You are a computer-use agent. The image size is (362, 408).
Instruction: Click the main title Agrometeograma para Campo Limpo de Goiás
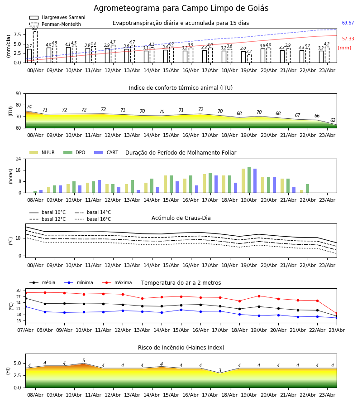click(x=181, y=8)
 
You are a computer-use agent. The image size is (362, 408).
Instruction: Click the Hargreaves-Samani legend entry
click(x=57, y=17)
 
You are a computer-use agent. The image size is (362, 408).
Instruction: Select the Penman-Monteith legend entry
click(x=55, y=24)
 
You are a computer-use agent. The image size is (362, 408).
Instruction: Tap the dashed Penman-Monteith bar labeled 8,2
click(x=35, y=47)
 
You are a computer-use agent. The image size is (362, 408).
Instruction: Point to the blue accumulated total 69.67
click(x=348, y=23)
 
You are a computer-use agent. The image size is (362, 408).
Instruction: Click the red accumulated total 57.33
click(x=348, y=39)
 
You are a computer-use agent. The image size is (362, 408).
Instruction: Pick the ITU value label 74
click(x=29, y=107)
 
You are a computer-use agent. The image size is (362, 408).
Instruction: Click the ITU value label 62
click(x=333, y=120)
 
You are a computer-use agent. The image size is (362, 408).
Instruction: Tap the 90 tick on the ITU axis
click(x=19, y=94)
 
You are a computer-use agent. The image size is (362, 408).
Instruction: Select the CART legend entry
click(x=106, y=152)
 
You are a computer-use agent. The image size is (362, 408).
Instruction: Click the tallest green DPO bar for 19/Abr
click(x=249, y=180)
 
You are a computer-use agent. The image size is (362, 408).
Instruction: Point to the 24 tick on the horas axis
click(x=19, y=159)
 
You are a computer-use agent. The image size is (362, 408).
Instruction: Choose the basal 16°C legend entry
click(x=93, y=219)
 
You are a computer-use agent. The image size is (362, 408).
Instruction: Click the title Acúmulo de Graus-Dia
click(x=181, y=218)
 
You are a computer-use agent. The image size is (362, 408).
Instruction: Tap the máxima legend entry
click(x=117, y=282)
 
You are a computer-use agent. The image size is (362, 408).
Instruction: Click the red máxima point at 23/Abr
click(x=337, y=314)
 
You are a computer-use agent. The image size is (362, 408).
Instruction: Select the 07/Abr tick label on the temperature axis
click(x=25, y=330)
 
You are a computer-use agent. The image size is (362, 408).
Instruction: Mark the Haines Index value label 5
click(x=84, y=361)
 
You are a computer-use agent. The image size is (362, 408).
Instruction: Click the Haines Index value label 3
click(x=220, y=370)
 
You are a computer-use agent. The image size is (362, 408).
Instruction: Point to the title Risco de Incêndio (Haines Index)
click(x=181, y=348)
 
